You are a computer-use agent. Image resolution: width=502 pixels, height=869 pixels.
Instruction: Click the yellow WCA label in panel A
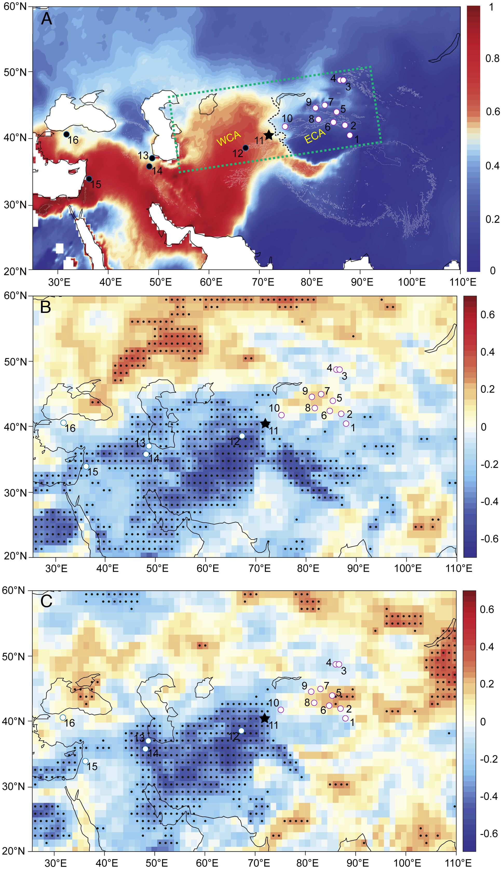tap(228, 138)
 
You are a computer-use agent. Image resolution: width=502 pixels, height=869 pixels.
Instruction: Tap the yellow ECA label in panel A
tap(315, 136)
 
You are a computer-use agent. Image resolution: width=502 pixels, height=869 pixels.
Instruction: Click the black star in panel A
tap(269, 135)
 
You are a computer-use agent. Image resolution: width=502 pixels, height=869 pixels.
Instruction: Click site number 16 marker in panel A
tap(66, 134)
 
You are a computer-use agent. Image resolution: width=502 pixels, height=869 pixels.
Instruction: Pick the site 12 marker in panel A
tap(245, 148)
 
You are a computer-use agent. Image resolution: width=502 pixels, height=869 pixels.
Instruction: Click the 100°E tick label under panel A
tap(411, 282)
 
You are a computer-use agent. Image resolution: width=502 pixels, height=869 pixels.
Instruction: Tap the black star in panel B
tap(265, 424)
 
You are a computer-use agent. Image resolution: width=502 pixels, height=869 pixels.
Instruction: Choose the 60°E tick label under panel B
tap(207, 568)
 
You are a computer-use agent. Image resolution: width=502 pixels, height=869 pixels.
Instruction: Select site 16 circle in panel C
tap(63, 717)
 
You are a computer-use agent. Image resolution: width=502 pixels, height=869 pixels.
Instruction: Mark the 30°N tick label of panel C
tap(14, 786)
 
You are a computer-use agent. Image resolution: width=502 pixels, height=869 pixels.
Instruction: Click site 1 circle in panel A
tap(350, 135)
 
